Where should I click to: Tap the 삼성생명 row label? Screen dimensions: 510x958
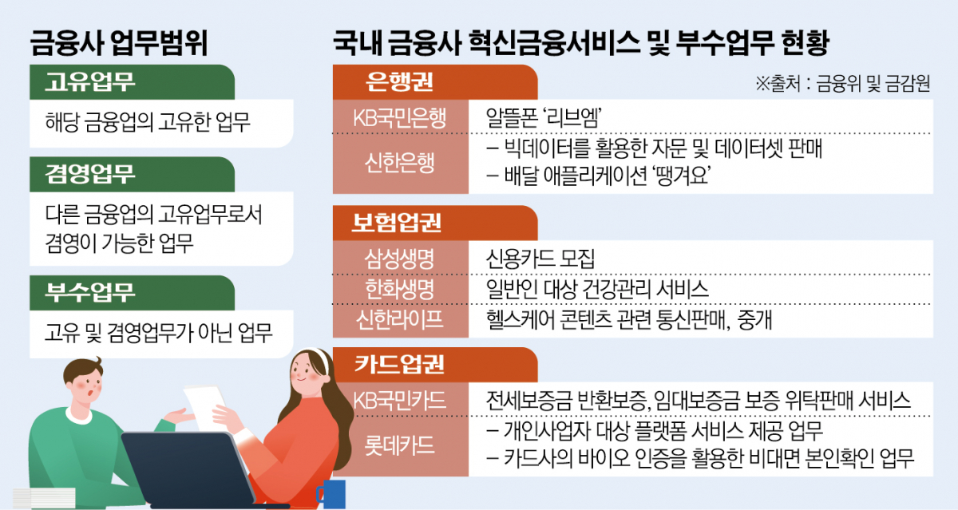tap(400, 259)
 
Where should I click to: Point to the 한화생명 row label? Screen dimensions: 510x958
tap(400, 289)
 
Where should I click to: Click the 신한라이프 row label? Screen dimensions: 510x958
tap(400, 318)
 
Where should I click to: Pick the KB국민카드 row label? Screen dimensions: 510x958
tap(400, 399)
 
